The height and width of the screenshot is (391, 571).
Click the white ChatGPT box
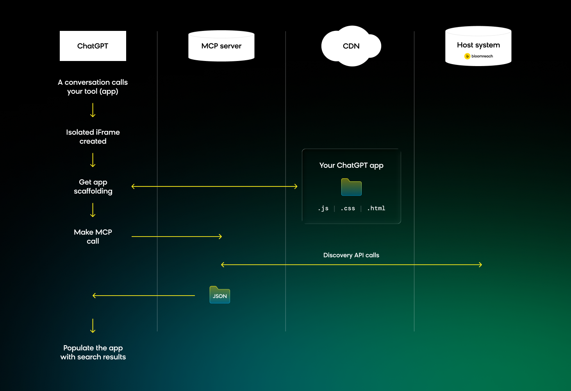(93, 46)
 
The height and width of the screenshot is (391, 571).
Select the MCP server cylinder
(221, 46)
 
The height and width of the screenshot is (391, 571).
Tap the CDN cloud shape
(351, 46)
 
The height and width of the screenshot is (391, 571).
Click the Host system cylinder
(478, 46)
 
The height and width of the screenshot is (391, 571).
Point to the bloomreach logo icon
(467, 56)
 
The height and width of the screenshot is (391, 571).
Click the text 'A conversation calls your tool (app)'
(93, 87)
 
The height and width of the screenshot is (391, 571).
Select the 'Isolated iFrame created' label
(93, 137)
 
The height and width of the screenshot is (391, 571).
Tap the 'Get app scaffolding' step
(93, 187)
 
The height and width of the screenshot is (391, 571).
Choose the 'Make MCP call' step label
(93, 237)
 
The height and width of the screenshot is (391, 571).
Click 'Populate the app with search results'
(93, 352)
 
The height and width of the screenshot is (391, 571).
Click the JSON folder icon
(220, 295)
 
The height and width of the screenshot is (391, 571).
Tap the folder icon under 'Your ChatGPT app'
(351, 187)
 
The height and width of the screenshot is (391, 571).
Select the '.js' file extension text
(323, 208)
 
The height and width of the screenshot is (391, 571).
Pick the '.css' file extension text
(348, 208)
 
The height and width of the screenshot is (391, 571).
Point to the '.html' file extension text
(376, 208)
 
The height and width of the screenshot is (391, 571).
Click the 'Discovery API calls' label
(351, 255)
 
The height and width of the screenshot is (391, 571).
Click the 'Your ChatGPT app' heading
(351, 165)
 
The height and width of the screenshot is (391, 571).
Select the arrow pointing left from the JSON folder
(144, 296)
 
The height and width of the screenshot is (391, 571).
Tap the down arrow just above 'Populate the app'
(93, 326)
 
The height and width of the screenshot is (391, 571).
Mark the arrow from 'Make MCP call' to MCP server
(177, 237)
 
